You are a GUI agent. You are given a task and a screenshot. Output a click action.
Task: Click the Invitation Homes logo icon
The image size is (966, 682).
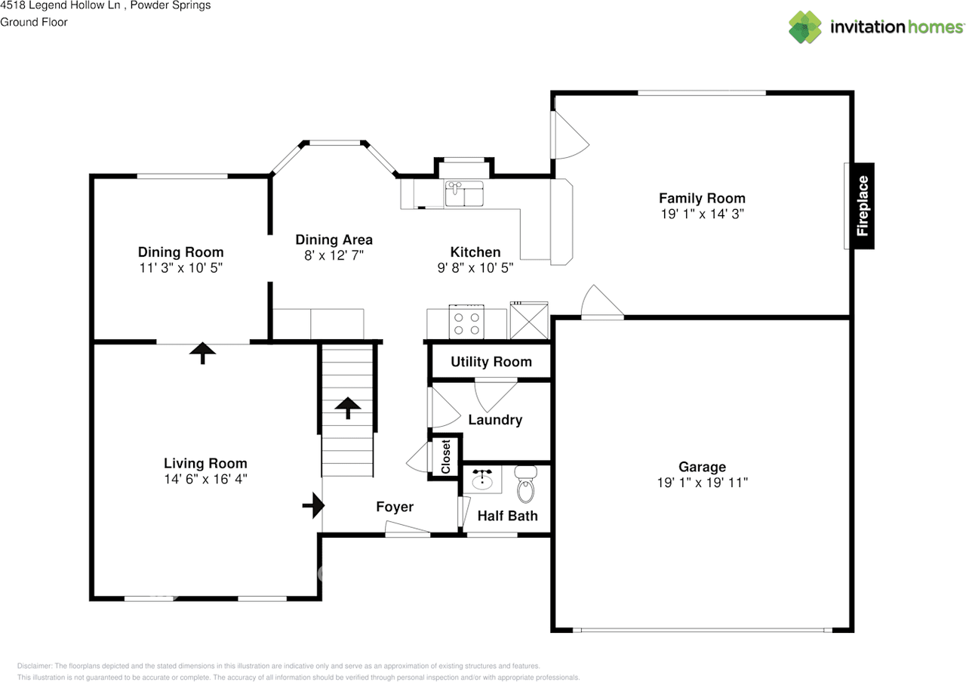(x=805, y=27)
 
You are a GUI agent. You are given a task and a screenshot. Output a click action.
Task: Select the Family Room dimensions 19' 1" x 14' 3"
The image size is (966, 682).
(x=702, y=214)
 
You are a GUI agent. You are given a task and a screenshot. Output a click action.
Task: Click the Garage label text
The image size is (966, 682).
(x=702, y=468)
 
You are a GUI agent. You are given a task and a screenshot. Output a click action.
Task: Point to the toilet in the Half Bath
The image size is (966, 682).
(x=525, y=485)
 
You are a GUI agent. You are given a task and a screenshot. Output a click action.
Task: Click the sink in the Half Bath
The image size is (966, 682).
(x=482, y=480)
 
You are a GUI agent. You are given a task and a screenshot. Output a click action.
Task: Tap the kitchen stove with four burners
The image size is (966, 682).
(x=466, y=322)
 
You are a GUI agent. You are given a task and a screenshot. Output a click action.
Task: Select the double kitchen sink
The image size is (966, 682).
(x=464, y=194)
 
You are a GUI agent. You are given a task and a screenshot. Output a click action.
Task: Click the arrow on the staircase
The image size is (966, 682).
(x=348, y=407)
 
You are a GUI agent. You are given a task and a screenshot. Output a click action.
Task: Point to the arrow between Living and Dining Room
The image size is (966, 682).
(x=202, y=352)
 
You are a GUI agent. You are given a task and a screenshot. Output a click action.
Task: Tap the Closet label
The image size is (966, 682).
(x=445, y=456)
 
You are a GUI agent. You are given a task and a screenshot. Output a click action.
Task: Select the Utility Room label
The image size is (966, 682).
(x=491, y=362)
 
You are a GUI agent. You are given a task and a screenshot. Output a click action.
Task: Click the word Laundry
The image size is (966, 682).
(x=495, y=420)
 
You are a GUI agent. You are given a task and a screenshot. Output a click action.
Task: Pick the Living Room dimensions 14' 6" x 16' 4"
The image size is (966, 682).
(x=205, y=478)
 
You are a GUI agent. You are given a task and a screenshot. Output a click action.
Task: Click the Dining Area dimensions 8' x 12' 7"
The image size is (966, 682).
(x=334, y=255)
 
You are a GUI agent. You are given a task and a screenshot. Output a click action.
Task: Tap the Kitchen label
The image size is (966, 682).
(x=475, y=252)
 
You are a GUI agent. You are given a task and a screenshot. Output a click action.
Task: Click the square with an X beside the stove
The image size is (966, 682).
(x=529, y=321)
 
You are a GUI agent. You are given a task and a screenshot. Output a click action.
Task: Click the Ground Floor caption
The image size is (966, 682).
(x=34, y=22)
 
